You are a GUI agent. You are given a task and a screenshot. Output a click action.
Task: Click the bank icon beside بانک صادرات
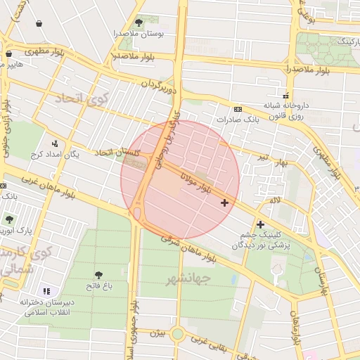tap(237, 109)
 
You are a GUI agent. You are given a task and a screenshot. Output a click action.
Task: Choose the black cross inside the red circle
tap(224, 203)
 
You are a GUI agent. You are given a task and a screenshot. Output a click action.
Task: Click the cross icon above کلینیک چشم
tap(260, 224)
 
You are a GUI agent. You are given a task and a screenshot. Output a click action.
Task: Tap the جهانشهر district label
tap(188, 280)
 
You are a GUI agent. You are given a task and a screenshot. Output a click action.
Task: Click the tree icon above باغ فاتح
tap(98, 275)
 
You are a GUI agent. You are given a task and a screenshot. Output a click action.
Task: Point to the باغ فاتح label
tap(99, 286)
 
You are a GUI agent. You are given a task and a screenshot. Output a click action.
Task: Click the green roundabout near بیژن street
tap(177, 333)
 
